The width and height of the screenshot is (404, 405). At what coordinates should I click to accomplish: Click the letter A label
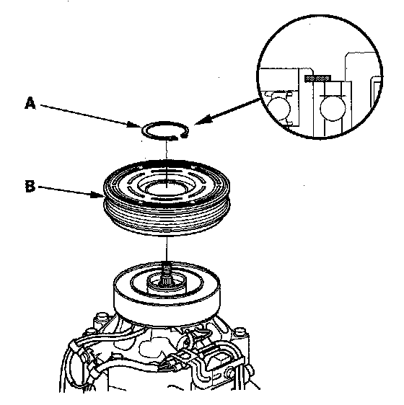30,103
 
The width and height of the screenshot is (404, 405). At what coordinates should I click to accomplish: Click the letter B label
30,186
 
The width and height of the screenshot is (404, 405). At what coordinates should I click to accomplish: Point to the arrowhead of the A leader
136,125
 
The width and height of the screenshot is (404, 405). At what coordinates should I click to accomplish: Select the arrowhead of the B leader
97,195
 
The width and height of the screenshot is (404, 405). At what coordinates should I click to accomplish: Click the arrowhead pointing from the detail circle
202,120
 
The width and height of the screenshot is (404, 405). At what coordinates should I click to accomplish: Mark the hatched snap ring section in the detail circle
318,78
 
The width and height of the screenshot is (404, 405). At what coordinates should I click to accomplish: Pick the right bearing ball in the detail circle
333,109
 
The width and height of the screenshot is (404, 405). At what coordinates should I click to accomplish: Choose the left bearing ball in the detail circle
278,109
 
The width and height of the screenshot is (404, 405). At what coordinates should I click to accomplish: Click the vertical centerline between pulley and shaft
167,249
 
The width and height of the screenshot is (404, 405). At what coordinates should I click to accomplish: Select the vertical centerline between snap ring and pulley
167,150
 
